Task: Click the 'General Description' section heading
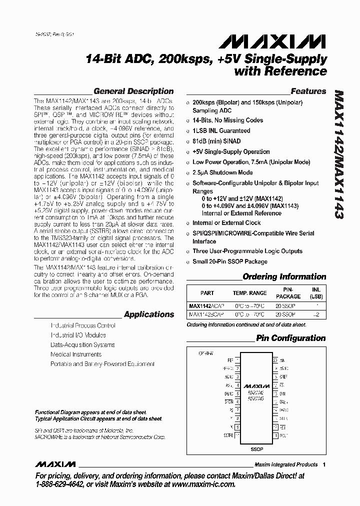[133, 91]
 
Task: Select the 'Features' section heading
[308, 91]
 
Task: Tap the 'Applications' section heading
[149, 314]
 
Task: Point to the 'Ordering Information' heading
[284, 276]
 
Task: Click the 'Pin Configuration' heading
[290, 338]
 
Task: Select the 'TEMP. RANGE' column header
[249, 293]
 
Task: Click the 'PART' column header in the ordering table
[207, 293]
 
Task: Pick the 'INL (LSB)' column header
[316, 293]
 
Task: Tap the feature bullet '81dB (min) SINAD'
[216, 141]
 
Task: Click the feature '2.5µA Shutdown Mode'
[222, 172]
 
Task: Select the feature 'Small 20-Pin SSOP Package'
[230, 261]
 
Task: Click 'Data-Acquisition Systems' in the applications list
[82, 345]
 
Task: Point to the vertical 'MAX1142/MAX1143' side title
[338, 155]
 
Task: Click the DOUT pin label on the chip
[282, 435]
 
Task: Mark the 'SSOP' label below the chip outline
[256, 449]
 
